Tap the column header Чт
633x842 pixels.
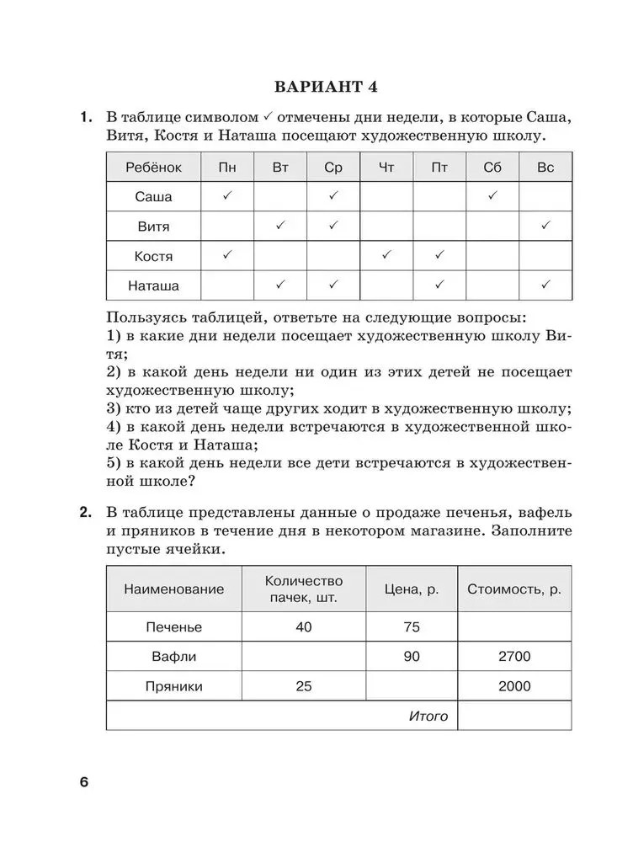point(386,168)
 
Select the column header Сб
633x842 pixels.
point(492,168)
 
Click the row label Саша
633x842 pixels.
point(153,197)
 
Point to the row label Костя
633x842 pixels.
point(153,256)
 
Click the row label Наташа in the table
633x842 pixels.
point(153,285)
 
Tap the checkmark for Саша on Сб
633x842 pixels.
point(492,196)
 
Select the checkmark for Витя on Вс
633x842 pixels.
point(545,226)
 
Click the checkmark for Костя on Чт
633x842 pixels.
point(386,255)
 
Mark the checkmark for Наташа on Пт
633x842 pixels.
point(439,285)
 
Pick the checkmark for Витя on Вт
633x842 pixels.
point(281,226)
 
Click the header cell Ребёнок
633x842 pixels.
point(153,168)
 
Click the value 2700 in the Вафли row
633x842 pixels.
point(513,657)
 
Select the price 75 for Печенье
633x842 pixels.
point(412,627)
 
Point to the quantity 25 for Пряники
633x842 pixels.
point(304,686)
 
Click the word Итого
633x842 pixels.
point(428,717)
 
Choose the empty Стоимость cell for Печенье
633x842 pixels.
point(513,627)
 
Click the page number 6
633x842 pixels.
point(83,782)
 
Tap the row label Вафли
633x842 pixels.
point(174,657)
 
